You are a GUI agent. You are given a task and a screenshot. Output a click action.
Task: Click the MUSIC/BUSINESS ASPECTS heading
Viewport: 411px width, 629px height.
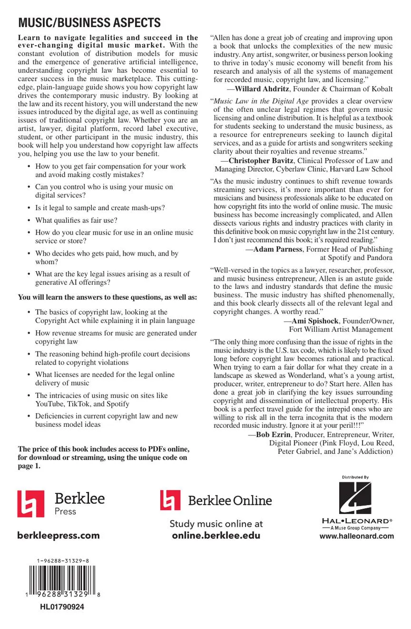coord(89,23)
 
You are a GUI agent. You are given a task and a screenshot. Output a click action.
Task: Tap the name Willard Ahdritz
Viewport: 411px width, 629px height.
coord(263,89)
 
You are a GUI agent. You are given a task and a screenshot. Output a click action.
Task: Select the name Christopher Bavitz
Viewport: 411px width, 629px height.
coord(261,161)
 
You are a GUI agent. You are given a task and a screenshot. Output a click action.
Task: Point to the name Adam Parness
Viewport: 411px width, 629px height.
coord(278,249)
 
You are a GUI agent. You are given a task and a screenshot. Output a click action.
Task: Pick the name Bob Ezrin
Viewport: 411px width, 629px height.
coord(274,434)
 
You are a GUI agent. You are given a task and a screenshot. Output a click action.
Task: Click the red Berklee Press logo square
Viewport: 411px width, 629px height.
coord(31,504)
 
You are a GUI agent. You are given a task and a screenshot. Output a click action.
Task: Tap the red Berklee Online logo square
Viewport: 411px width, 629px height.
coord(170,500)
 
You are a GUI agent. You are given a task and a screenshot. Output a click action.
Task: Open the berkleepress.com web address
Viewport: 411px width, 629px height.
coord(59,535)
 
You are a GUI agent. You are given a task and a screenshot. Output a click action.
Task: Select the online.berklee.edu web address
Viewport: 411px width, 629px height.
coord(216,535)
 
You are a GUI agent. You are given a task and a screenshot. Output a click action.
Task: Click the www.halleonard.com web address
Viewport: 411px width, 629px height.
coord(357,536)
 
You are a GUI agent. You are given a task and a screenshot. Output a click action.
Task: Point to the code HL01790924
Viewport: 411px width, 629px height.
coord(62,607)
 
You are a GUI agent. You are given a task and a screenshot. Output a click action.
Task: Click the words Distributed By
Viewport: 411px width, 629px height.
coord(355,477)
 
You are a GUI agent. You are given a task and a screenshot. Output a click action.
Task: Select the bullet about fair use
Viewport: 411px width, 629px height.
coord(76,220)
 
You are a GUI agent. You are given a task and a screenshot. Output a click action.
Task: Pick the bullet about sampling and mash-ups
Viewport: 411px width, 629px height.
coord(100,207)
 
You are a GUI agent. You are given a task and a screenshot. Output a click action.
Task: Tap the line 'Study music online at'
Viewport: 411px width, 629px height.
coord(216,524)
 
